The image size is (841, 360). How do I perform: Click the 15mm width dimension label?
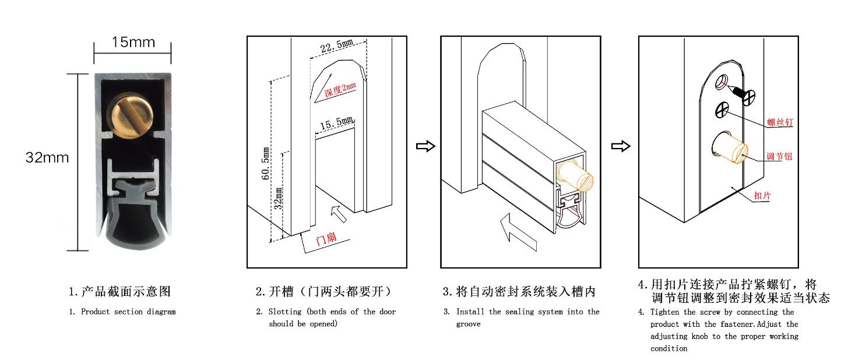(x=133, y=43)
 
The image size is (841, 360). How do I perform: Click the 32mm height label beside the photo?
(x=47, y=157)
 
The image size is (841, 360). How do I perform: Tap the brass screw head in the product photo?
(x=128, y=116)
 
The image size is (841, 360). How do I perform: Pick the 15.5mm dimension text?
(x=336, y=123)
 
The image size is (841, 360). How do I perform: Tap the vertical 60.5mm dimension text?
(x=266, y=164)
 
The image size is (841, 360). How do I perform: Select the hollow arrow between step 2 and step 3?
(x=425, y=146)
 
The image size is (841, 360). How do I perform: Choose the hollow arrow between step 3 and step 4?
(x=621, y=146)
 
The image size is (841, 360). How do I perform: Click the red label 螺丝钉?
(x=780, y=122)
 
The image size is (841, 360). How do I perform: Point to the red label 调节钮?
(x=779, y=156)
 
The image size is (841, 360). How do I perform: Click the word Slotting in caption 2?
(x=284, y=312)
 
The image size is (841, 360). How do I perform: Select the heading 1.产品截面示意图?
(x=119, y=291)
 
